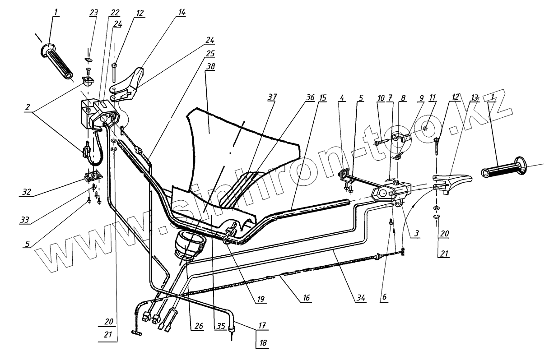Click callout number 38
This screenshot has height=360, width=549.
pos(210,66)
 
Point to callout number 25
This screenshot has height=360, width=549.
pos(210,54)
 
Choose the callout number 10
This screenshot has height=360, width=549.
pos(381,98)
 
